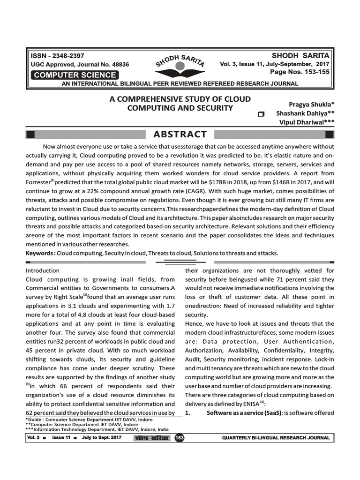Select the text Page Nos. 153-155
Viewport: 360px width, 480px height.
pos(300,72)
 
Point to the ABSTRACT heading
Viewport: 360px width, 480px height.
pos(180,135)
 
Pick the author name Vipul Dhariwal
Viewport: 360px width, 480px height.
pos(307,122)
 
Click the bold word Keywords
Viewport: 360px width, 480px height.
pos(40,253)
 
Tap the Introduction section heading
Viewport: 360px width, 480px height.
pos(43,270)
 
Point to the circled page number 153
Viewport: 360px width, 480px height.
pos(179,438)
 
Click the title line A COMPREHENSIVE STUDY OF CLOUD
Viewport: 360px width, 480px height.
pos(180,99)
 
